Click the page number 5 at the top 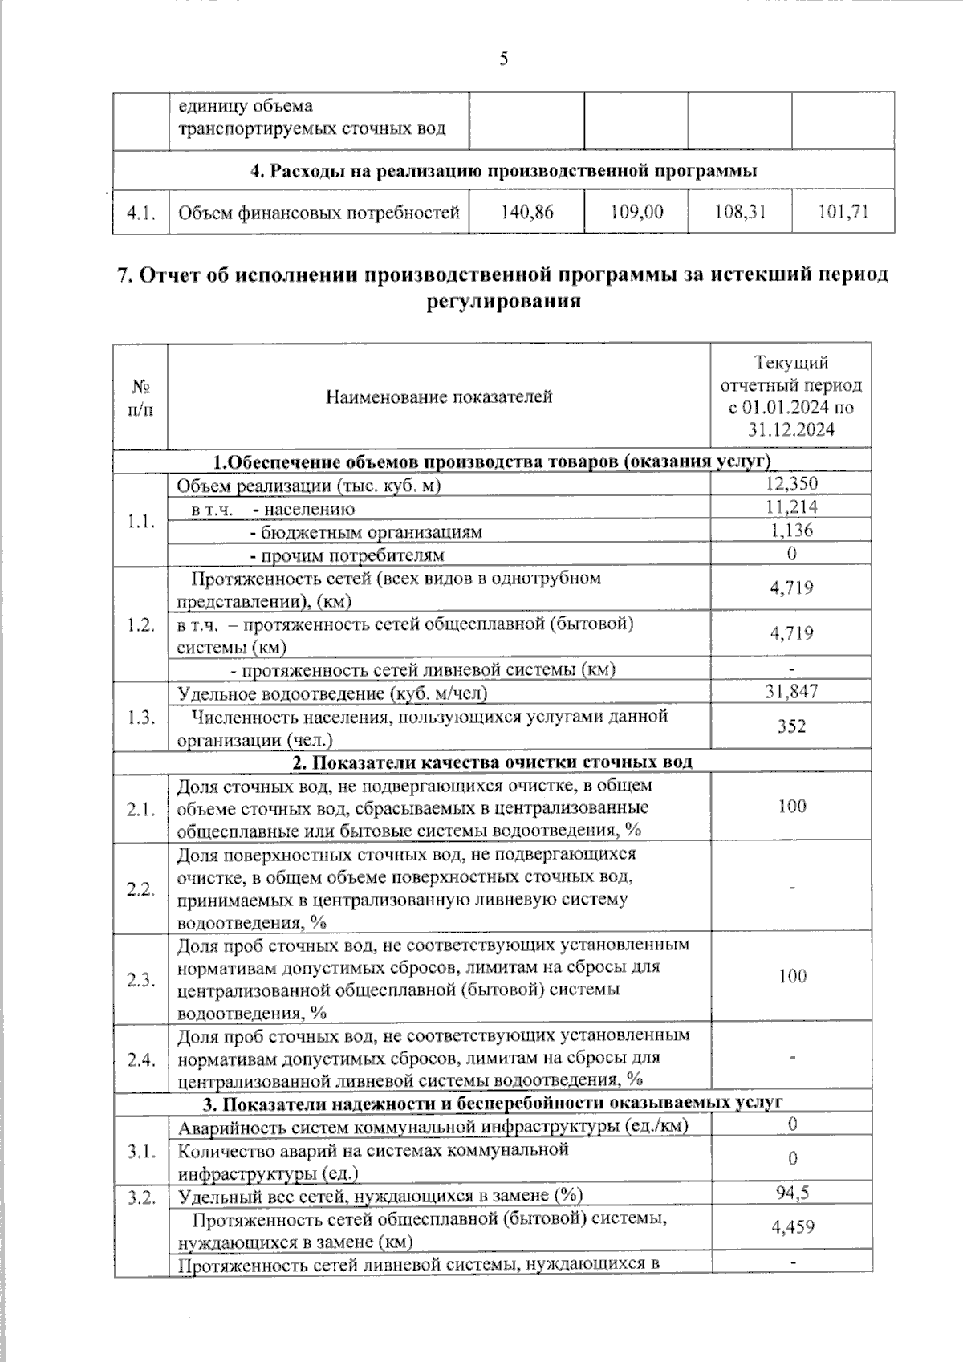504,59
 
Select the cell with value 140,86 527,212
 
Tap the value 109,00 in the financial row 636,212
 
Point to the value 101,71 843,212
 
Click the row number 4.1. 140,213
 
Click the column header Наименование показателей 439,396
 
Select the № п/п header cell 140,396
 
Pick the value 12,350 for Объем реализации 791,483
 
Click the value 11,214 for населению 791,506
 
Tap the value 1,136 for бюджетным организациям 791,530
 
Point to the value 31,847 791,691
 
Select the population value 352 791,726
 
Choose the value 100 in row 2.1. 791,806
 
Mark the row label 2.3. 140,979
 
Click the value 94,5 791,1193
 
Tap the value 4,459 791,1227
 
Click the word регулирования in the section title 502,301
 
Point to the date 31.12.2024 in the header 791,429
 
